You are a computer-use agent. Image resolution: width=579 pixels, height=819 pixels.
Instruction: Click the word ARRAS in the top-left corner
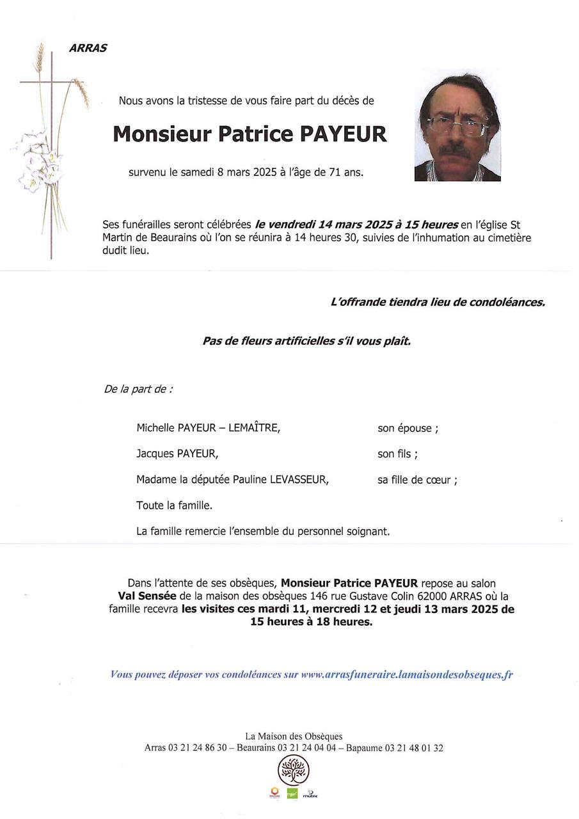88,49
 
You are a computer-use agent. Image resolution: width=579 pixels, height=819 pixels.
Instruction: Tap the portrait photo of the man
457,128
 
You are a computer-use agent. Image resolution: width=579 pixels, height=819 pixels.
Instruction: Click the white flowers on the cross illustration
37,160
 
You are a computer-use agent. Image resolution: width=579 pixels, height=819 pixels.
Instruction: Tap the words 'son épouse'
405,429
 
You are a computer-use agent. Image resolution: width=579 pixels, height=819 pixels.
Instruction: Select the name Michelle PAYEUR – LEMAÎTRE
209,428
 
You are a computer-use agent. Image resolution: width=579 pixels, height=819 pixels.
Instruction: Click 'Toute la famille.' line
174,505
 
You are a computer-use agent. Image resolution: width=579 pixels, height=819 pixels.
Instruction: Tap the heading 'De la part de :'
138,389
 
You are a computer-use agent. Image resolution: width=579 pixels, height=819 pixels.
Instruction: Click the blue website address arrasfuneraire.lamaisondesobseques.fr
406,674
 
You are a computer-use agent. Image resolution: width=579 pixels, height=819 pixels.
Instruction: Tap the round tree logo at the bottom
293,770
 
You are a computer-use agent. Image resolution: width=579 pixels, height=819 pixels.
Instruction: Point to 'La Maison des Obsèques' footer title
294,736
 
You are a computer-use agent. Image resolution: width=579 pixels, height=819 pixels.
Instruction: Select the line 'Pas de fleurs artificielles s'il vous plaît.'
306,341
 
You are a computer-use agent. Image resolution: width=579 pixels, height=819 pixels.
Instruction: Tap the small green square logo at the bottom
292,794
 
